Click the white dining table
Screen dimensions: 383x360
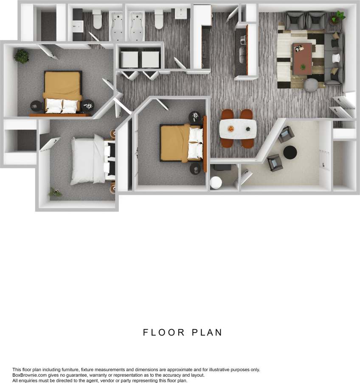[x=238, y=129]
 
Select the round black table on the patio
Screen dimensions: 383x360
[x=290, y=152]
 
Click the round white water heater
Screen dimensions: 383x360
[x=216, y=183]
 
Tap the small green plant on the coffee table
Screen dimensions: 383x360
[x=303, y=67]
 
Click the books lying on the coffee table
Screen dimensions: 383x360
[x=300, y=47]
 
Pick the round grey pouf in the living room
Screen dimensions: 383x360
[x=311, y=85]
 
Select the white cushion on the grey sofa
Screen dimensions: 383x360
[x=337, y=57]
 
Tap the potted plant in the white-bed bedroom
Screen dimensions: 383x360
[x=55, y=193]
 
